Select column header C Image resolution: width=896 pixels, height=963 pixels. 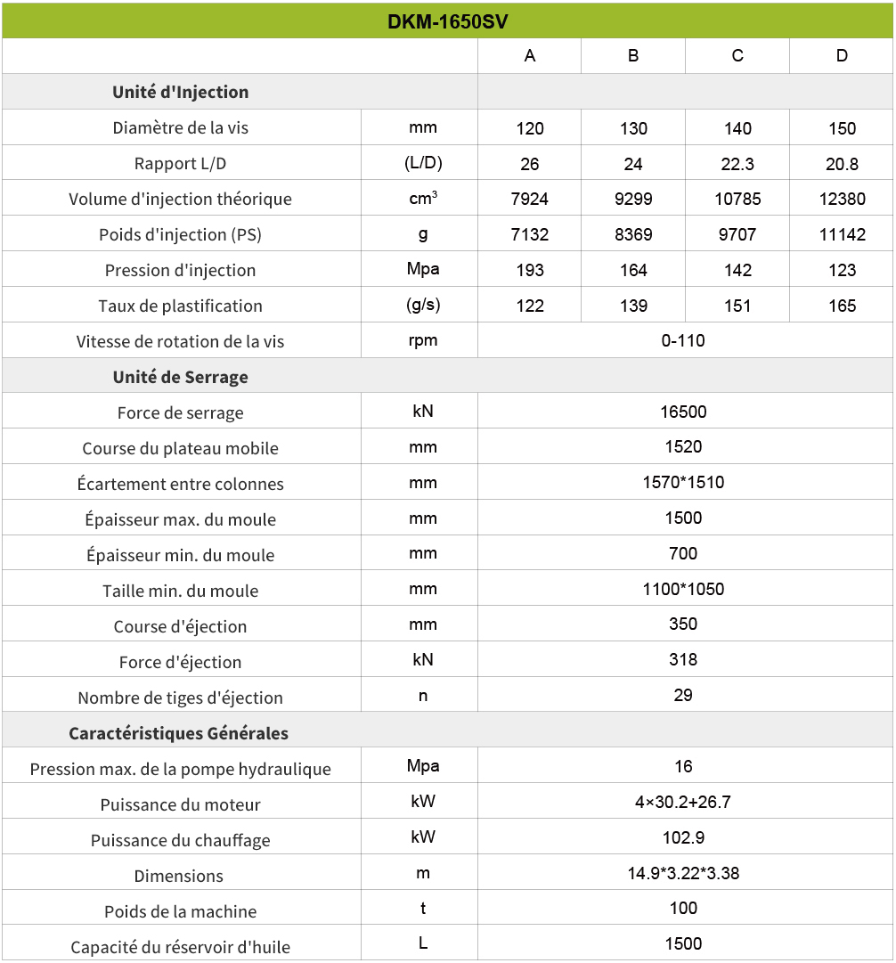click(737, 56)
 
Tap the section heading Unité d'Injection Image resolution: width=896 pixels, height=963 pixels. click(181, 92)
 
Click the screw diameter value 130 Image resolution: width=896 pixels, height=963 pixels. click(633, 128)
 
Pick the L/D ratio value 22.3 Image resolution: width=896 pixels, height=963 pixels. click(737, 164)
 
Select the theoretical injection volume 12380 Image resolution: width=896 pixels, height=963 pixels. click(842, 199)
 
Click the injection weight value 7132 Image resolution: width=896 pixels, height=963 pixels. click(530, 234)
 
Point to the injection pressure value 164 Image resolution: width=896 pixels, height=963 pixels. click(633, 270)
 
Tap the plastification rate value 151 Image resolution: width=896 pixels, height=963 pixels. click(737, 306)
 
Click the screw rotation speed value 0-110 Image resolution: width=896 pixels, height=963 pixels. click(683, 340)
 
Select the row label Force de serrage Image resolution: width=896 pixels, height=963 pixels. click(181, 412)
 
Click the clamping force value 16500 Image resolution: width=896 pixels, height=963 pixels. click(683, 412)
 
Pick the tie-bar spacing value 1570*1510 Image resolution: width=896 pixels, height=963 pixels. click(683, 483)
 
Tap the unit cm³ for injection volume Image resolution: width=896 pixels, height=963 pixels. click(423, 199)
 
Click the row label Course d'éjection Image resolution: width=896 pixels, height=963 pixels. click(181, 626)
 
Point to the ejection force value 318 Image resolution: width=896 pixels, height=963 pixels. click(683, 660)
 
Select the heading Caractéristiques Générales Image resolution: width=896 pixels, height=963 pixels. click(179, 733)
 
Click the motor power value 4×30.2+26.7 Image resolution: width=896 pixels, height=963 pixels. click(683, 802)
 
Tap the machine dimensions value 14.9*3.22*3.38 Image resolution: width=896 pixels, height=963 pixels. click(683, 873)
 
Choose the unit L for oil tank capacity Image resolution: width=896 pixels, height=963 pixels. click(423, 944)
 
